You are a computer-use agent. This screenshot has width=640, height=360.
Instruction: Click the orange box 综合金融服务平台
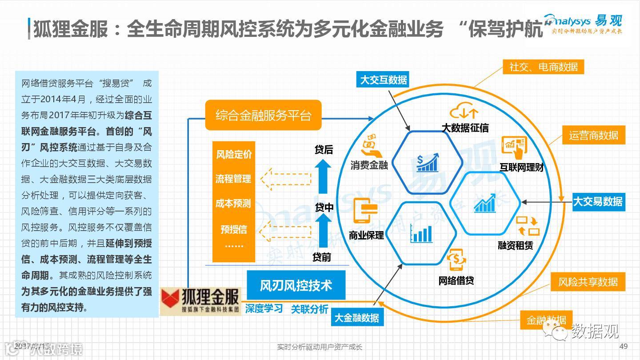pyautogui.click(x=264, y=116)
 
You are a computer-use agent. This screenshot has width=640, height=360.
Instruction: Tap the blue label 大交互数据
pyautogui.click(x=383, y=80)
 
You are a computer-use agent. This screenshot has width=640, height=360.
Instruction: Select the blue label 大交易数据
pyautogui.click(x=598, y=201)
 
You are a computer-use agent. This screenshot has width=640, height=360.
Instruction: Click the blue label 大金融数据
pyautogui.click(x=356, y=318)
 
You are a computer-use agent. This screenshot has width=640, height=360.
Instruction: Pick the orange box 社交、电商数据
pyautogui.click(x=543, y=67)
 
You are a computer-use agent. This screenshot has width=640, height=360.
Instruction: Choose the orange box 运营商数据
pyautogui.click(x=593, y=135)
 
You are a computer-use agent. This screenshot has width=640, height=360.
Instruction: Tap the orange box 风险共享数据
pyautogui.click(x=588, y=282)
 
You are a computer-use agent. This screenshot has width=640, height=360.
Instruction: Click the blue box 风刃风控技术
pyautogui.click(x=296, y=285)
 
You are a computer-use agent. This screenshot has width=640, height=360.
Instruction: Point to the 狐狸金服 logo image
pyautogui.click(x=200, y=301)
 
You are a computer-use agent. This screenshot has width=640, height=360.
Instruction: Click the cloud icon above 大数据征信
pyautogui.click(x=464, y=111)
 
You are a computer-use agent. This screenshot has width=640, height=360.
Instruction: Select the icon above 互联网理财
pyautogui.click(x=514, y=146)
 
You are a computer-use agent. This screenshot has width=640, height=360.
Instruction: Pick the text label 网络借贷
pyautogui.click(x=456, y=280)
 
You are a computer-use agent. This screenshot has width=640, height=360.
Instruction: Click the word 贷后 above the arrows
pyautogui.click(x=324, y=150)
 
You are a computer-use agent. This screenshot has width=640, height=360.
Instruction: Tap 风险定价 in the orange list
pyautogui.click(x=234, y=154)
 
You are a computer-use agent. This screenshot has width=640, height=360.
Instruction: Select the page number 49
pyautogui.click(x=623, y=347)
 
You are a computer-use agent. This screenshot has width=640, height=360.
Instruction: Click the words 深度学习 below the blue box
pyautogui.click(x=264, y=308)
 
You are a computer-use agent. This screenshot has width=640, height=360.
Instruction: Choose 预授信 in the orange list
pyautogui.click(x=234, y=229)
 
